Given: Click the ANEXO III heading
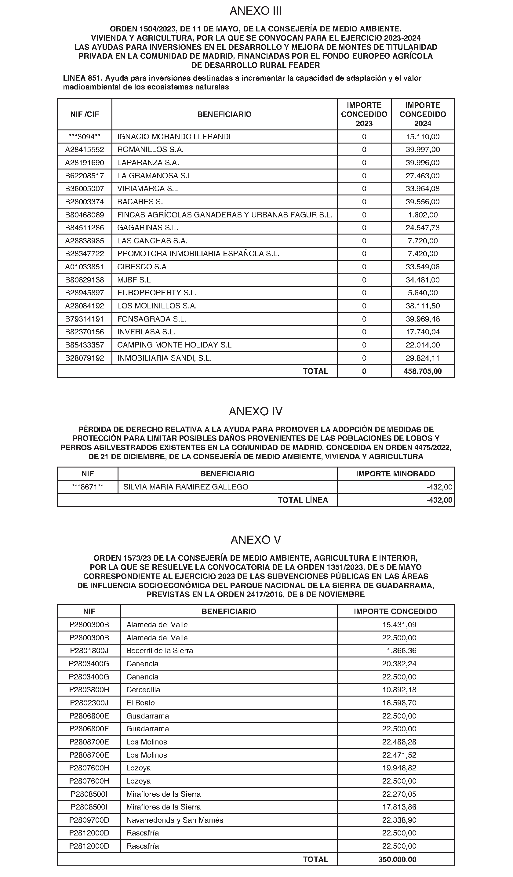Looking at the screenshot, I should coord(256,11).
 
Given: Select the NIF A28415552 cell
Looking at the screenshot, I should coord(85,150).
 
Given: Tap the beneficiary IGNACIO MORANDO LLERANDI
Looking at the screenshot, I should coord(174,137).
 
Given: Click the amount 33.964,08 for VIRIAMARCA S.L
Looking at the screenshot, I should coord(423,189).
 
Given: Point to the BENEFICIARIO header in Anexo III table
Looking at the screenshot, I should coord(224,115).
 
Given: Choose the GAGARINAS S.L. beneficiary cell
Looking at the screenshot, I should coord(147,228).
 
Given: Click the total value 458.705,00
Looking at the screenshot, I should coord(423,371).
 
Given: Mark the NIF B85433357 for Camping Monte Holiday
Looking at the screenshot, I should coord(85,345).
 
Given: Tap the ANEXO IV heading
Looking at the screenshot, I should coord(256,411).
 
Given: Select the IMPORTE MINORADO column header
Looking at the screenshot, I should coord(395,474).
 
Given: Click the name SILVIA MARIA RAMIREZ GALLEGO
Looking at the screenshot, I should coord(185,487).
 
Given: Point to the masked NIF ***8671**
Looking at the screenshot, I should coord(87,487).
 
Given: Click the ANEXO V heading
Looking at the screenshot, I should coord(256,540).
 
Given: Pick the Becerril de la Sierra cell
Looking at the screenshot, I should coord(159,651).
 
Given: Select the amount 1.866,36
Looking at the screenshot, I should coord(401,651).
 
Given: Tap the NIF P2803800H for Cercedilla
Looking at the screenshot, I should coord(89,690).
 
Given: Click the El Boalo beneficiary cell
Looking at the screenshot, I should coord(140,703).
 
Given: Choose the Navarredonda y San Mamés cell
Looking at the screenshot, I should coord(175,820).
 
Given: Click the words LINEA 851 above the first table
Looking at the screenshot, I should coord(82,78).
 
